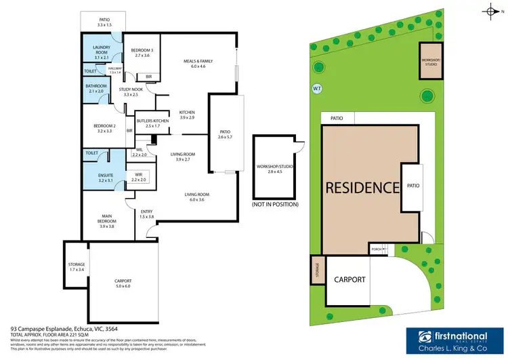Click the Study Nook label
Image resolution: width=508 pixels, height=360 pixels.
pyautogui.click(x=130, y=92)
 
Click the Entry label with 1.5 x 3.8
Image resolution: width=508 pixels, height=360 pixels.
pyautogui.click(x=146, y=214)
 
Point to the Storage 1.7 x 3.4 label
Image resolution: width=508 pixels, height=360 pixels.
pyautogui.click(x=76, y=266)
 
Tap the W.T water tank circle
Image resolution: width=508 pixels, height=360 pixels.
pyautogui.click(x=317, y=87)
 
